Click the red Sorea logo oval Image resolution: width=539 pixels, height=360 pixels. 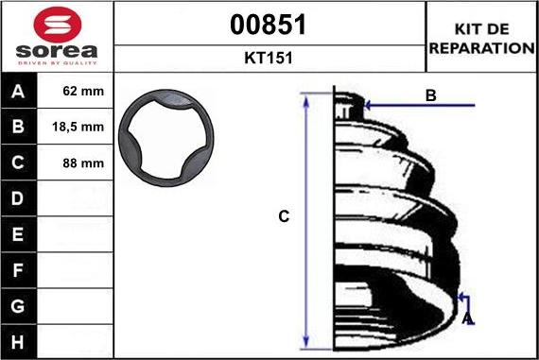tap(58, 25)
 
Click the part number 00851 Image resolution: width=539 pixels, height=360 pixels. tap(269, 25)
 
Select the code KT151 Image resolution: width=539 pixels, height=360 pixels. tap(269, 58)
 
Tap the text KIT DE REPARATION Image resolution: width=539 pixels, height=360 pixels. tap(482, 39)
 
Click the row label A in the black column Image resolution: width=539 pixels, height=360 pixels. tap(18, 92)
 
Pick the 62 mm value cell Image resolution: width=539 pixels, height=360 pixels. tap(83, 91)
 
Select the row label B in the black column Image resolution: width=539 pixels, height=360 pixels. tap(18, 127)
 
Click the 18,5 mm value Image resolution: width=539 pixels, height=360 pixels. tap(78, 128)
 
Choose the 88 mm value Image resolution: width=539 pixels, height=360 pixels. tap(83, 163)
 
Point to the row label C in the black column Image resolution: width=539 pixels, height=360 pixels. tap(18, 163)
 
